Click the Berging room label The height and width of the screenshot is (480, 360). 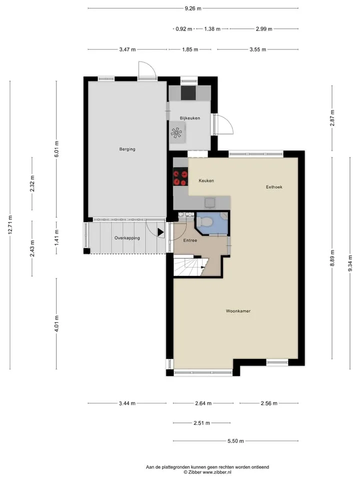[x=127, y=149]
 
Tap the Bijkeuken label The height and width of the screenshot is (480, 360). [x=190, y=118]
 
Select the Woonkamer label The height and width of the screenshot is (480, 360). [x=238, y=310]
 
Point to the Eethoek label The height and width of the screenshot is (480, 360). [x=274, y=186]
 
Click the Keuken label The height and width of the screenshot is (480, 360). [x=206, y=180]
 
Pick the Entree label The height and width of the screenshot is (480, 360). [x=190, y=240]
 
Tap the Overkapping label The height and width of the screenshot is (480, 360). [x=127, y=238]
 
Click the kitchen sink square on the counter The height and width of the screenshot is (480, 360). [x=209, y=202]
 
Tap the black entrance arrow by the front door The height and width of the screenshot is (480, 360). [x=160, y=232]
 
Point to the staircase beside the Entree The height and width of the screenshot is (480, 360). [x=190, y=267]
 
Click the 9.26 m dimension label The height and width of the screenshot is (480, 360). [x=193, y=8]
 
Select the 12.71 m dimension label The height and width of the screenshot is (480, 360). [x=10, y=225]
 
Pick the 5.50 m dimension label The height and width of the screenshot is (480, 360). [x=235, y=441]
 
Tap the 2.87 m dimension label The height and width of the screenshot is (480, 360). [x=332, y=118]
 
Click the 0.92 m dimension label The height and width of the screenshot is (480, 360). [x=184, y=29]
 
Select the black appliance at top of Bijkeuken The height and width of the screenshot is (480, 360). [x=188, y=93]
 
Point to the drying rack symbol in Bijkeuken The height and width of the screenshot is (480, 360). [x=176, y=132]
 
